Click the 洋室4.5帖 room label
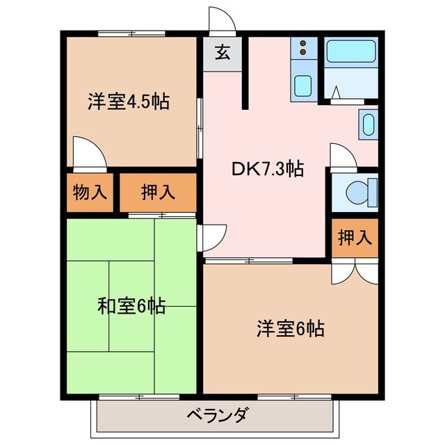(129, 102)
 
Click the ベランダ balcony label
(217, 416)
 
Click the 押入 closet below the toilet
(354, 237)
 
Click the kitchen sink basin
(302, 86)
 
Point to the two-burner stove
(303, 49)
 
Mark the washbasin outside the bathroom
(369, 126)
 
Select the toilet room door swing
(343, 155)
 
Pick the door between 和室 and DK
(209, 238)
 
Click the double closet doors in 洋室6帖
(354, 272)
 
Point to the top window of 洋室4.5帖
(131, 33)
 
